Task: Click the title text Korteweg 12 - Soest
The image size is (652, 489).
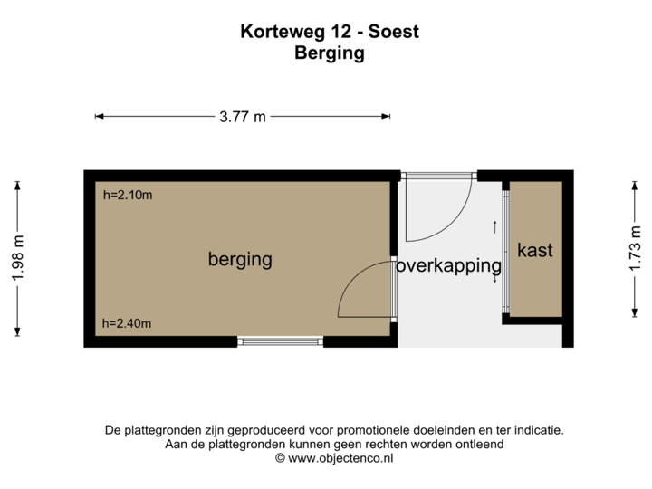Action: point(330,33)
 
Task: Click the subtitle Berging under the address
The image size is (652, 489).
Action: point(330,53)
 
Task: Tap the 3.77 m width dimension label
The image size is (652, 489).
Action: point(243,116)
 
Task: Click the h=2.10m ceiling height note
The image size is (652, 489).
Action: point(127,194)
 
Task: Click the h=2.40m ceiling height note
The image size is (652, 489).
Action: point(127,323)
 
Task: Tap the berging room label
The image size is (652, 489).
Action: point(240,260)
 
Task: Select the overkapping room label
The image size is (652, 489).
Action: point(448,266)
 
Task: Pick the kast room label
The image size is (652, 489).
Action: point(534,249)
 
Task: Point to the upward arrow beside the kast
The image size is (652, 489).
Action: point(494,226)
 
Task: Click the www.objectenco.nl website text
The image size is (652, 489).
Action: point(340,459)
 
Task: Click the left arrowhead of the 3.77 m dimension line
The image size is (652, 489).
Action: point(99,116)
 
